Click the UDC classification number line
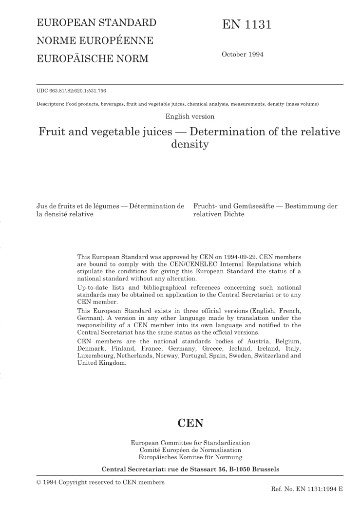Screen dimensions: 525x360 [76, 90]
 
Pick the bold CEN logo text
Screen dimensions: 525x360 [190, 422]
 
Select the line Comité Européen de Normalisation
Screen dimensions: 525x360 [190, 450]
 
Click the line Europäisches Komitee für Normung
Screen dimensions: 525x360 [190, 458]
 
